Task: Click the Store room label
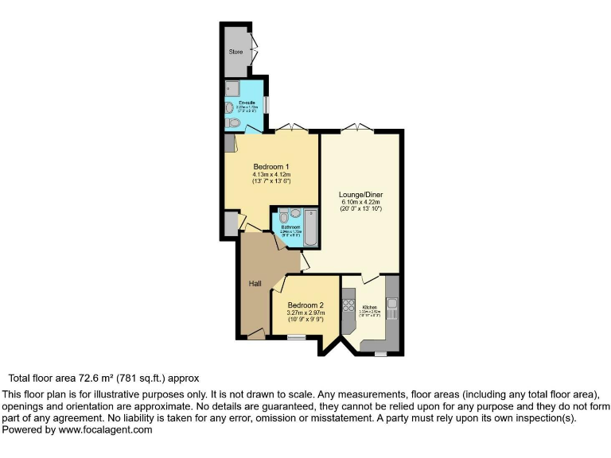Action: tap(235, 52)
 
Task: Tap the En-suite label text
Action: tap(246, 103)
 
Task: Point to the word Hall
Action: tap(255, 284)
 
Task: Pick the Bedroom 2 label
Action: tap(305, 305)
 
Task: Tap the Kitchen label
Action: tap(370, 307)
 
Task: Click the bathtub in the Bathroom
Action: tap(309, 225)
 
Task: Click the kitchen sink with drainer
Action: tap(391, 305)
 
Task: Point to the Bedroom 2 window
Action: tap(296, 337)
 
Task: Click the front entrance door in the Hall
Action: tap(257, 335)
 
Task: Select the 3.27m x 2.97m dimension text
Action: tap(305, 313)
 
